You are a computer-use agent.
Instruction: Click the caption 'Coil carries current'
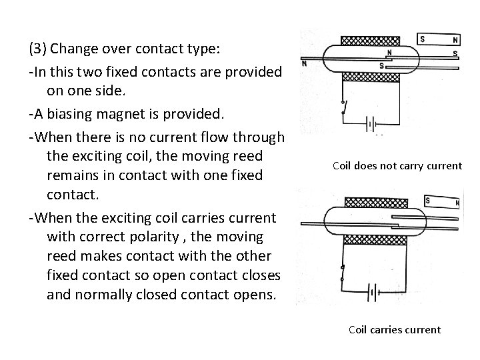(395, 329)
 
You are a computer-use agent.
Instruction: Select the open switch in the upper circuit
(343, 107)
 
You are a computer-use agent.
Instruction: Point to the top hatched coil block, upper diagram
(371, 39)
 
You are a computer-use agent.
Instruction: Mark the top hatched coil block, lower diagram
(371, 201)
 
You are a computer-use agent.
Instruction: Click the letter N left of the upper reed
(305, 65)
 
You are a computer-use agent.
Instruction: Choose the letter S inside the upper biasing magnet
(423, 39)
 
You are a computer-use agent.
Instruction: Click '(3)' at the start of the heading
(37, 49)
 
